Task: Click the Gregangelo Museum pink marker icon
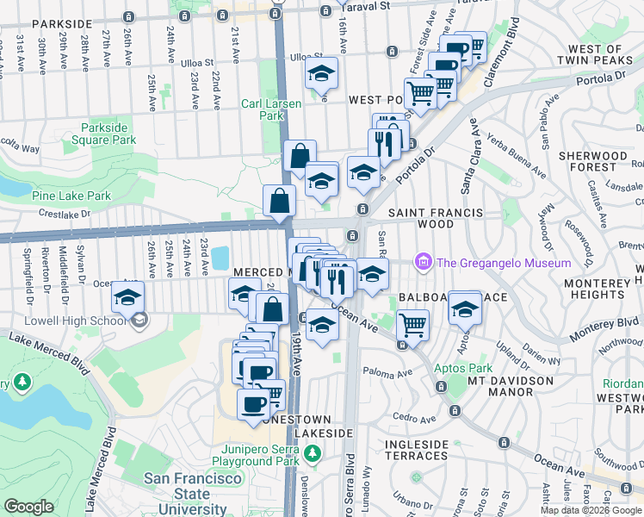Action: click(x=423, y=261)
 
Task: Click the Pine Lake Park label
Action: click(x=71, y=196)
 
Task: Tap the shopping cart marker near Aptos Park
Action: click(x=413, y=325)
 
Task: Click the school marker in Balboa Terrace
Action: click(x=465, y=308)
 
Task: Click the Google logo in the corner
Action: click(x=28, y=507)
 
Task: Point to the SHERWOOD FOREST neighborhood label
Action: click(x=593, y=163)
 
